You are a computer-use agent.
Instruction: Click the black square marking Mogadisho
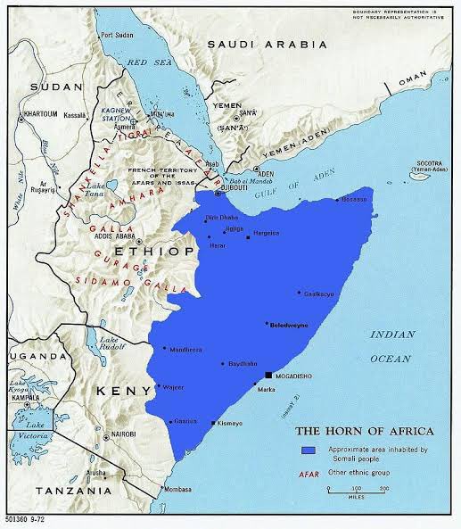tap(270, 376)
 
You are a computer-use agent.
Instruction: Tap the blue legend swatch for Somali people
tap(309, 450)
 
